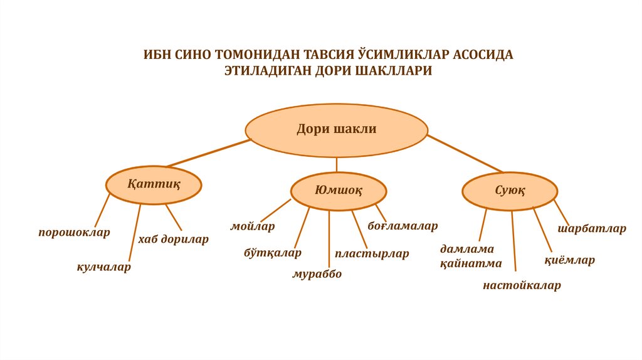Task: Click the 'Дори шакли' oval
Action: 337,130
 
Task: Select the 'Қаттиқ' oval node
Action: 154,184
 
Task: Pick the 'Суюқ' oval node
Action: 510,190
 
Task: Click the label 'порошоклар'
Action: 74,232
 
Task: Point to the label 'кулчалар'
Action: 104,267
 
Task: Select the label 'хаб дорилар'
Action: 173,239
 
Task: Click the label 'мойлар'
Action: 253,226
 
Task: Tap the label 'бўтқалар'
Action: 273,253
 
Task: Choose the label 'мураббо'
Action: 317,274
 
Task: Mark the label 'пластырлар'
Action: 372,254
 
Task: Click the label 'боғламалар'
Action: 403,225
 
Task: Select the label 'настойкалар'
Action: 522,286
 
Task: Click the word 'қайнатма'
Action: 470,263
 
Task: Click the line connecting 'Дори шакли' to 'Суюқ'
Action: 465,152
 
